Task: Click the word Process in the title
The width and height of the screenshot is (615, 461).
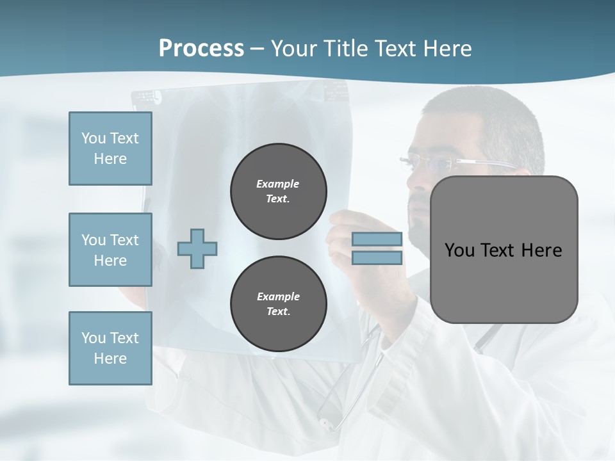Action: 201,49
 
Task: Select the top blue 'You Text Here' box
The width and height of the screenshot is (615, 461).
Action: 110,149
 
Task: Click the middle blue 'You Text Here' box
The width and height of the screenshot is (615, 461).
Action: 110,250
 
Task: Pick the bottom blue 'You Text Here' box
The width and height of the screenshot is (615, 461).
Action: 110,348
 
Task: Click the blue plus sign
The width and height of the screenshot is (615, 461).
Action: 197,248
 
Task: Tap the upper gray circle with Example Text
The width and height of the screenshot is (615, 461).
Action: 279,191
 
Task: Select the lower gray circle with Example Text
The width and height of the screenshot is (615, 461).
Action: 279,304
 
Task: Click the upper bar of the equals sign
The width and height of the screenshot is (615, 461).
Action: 377,239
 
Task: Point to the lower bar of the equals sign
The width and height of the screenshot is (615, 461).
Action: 377,258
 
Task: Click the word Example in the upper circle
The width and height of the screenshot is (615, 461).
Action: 278,184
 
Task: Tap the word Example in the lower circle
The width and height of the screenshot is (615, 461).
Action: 278,296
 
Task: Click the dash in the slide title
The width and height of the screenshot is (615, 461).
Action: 258,49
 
